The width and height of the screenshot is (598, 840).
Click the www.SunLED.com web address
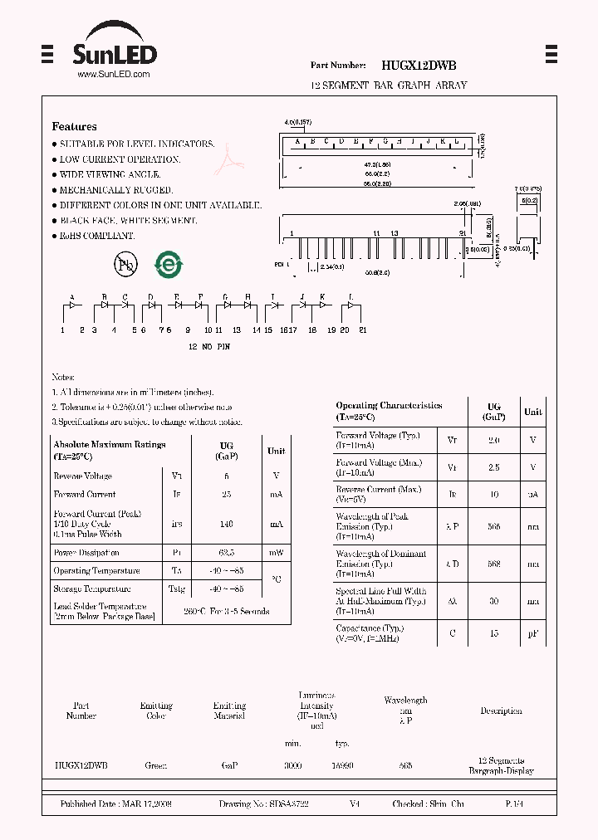(x=113, y=74)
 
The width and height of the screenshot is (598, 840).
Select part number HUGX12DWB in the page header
(x=419, y=65)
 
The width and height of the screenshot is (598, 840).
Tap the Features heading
(x=74, y=127)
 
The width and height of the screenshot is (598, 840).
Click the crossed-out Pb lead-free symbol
(x=125, y=265)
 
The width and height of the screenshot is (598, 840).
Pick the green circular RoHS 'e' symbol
(x=169, y=265)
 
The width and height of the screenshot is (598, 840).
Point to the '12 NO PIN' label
(x=208, y=346)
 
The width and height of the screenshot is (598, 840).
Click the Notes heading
(x=63, y=377)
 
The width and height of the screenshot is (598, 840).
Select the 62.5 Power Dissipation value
(x=226, y=553)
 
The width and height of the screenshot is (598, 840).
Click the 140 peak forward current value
(x=226, y=524)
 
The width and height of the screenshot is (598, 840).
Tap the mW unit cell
(x=276, y=553)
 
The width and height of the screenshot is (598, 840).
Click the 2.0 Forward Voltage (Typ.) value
(x=493, y=440)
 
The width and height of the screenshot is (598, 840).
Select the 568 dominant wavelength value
(x=493, y=564)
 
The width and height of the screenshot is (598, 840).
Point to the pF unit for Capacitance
(x=532, y=633)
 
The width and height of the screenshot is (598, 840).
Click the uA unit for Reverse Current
(x=532, y=494)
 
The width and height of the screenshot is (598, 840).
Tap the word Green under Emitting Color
(x=155, y=765)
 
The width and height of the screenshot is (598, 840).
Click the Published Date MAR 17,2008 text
(x=115, y=804)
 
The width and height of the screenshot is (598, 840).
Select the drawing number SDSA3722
(x=264, y=804)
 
